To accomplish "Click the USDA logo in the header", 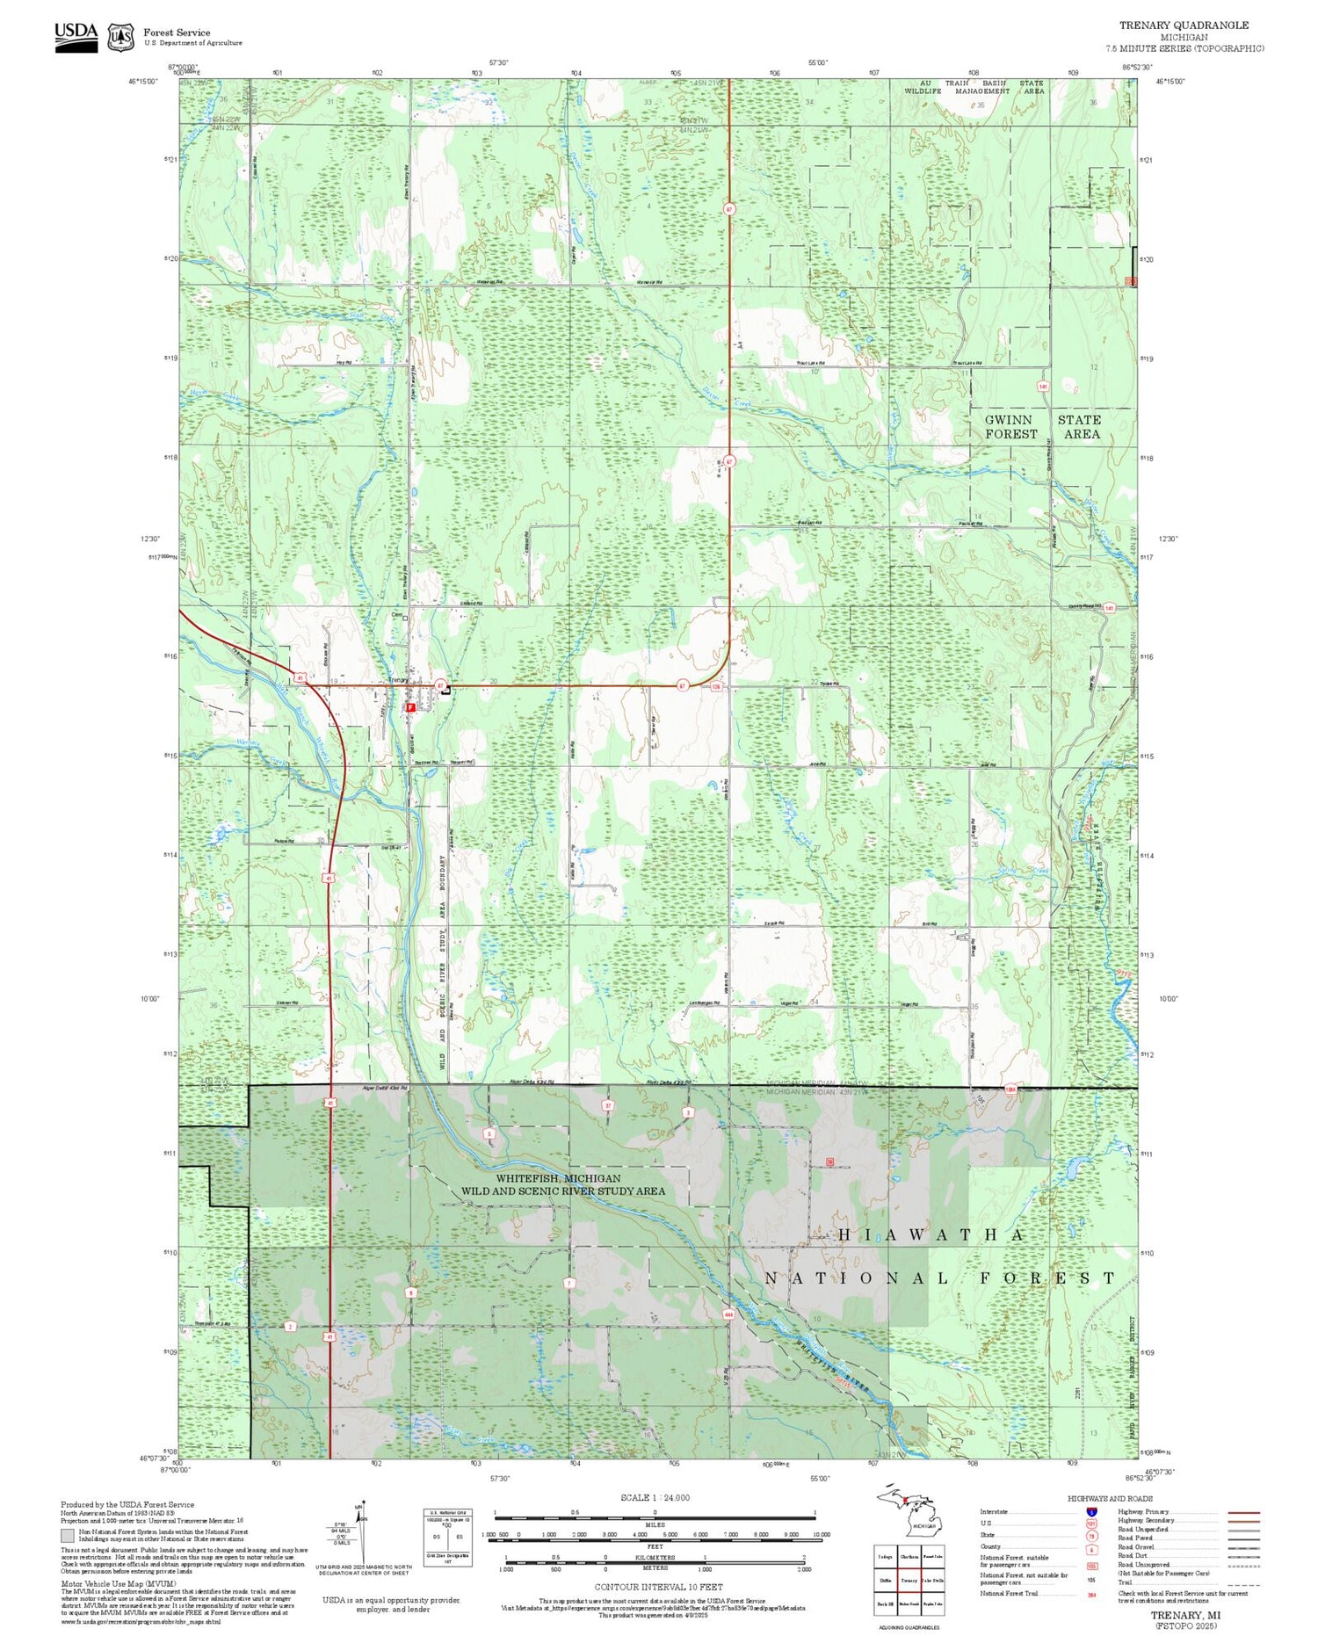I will tap(76, 36).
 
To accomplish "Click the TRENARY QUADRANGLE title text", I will tap(1183, 25).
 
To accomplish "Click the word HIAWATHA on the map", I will tap(931, 1234).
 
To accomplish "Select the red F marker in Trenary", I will tap(410, 706).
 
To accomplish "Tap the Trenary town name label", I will tap(398, 680).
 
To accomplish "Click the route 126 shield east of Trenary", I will tap(716, 686).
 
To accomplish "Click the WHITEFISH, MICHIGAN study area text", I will tap(558, 1178).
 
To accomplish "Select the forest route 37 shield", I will tap(607, 1105).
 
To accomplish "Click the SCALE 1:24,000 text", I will tap(655, 1497).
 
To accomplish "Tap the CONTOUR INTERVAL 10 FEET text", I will tap(659, 1587).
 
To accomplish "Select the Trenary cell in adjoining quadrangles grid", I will tap(909, 1580).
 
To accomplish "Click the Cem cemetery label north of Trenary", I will tap(396, 615).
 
